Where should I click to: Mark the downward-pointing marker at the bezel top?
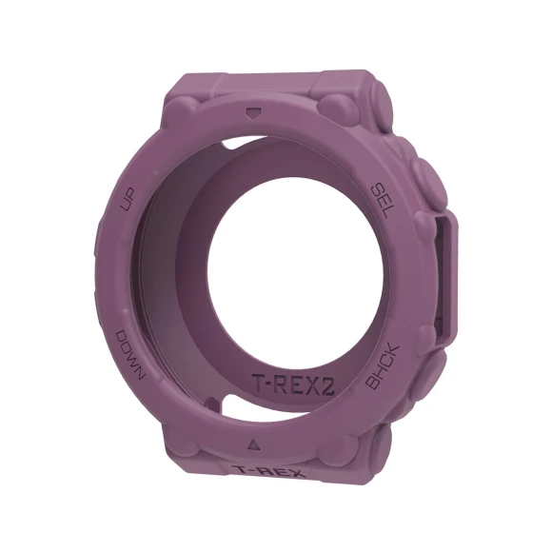coord(252,112)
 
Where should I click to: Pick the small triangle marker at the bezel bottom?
coord(253,443)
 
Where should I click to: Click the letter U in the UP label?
coord(125,204)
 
